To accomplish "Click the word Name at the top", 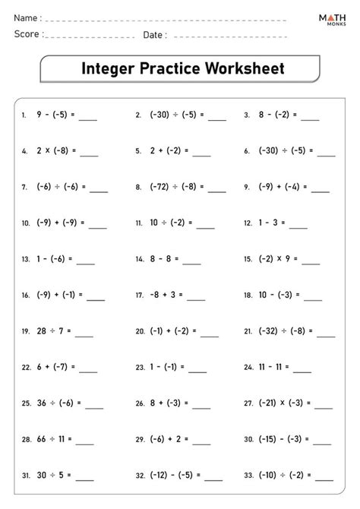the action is pos(26,17).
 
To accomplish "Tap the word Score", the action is pos(27,34).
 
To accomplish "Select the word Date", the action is pos(153,34).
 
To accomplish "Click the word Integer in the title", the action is pos(109,69).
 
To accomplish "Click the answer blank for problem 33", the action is pos(324,478).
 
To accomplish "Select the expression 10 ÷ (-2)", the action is pos(166,223).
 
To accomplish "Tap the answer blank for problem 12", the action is pos(298,225).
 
